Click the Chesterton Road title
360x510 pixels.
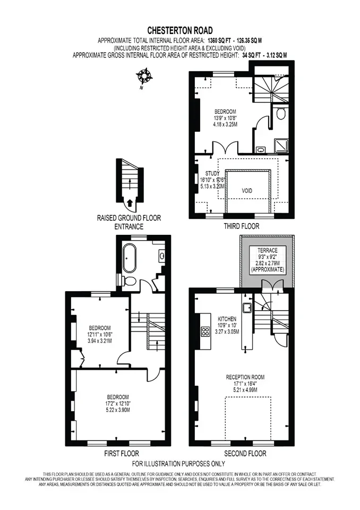tap(180, 31)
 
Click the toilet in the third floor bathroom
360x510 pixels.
tap(280, 113)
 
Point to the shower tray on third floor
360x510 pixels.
tap(281, 146)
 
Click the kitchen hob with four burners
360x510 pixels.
tap(205, 331)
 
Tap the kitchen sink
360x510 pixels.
tap(246, 307)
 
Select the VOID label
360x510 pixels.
tap(247, 191)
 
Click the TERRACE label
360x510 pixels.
tap(267, 250)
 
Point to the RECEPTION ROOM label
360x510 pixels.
tap(245, 377)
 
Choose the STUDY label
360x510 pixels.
tap(212, 174)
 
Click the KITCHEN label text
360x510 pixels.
tap(227, 319)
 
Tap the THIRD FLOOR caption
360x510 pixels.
tap(241, 226)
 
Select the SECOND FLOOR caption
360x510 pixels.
tap(245, 453)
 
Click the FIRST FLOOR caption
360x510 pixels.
tap(121, 453)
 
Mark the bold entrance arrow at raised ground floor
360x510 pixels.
tap(130, 203)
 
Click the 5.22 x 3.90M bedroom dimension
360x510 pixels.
tap(118, 410)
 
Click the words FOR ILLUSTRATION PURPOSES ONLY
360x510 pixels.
tap(178, 463)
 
